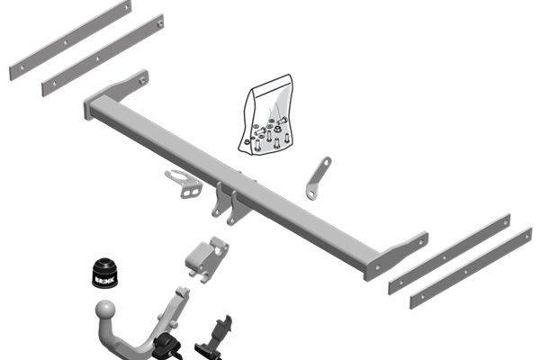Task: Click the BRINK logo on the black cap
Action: point(104,281)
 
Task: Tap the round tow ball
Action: point(105,310)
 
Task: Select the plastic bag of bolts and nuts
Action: point(265,114)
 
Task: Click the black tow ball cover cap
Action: point(104,272)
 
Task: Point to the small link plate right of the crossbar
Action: point(318,178)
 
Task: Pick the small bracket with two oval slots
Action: point(184,184)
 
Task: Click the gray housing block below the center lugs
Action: point(207,258)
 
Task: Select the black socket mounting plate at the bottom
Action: point(213,338)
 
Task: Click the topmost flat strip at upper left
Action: point(70,40)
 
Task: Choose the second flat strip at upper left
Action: point(103,56)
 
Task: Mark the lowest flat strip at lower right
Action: point(471,268)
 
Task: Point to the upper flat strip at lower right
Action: point(449,254)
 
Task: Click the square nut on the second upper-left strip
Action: point(160,23)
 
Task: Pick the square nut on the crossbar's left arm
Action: point(142,81)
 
